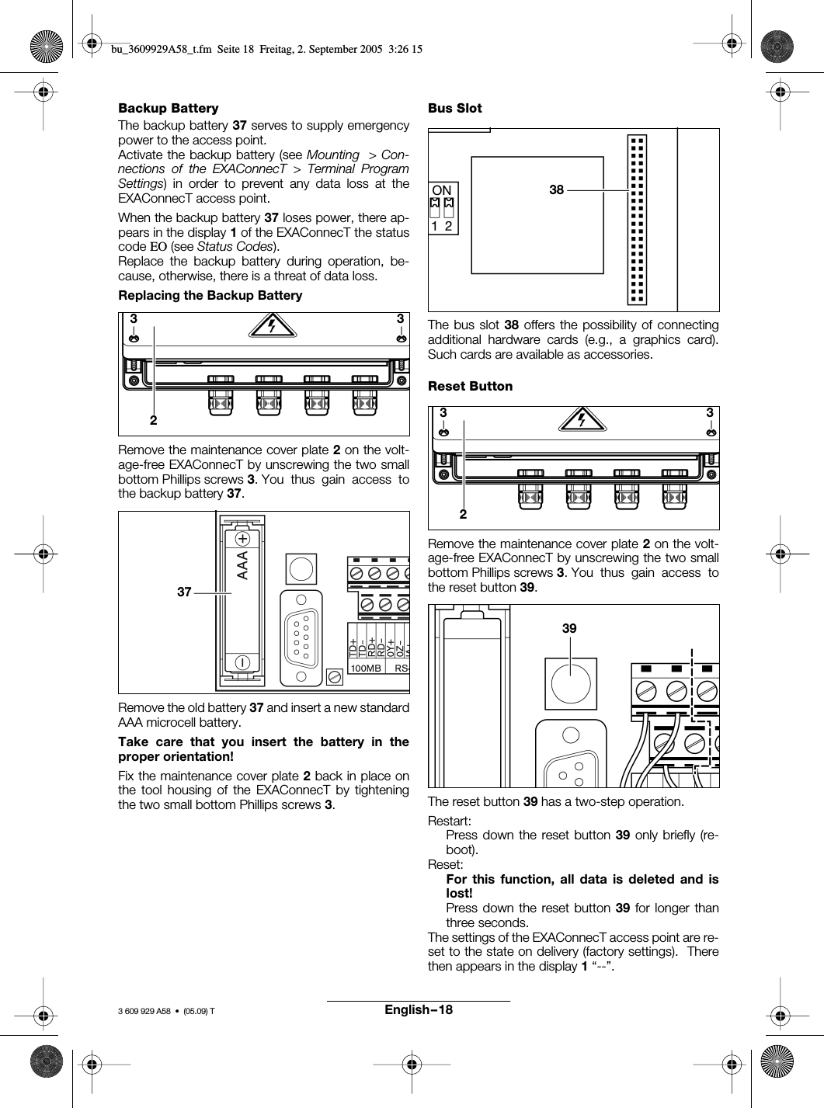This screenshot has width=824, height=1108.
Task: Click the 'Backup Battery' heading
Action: [168, 108]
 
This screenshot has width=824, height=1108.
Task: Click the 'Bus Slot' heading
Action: [455, 108]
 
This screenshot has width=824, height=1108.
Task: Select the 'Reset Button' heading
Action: [471, 386]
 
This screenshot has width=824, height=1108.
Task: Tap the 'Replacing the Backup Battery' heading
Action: [210, 295]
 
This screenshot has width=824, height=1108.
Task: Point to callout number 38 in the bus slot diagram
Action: [556, 189]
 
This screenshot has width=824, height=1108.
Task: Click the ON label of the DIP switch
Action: [442, 190]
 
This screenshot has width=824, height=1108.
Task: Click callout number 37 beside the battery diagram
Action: [183, 592]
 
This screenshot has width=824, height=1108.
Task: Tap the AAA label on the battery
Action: [243, 566]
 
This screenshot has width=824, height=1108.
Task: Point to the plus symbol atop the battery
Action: [243, 538]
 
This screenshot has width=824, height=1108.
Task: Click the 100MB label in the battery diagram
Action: [366, 668]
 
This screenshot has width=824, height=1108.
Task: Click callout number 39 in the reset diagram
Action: [569, 629]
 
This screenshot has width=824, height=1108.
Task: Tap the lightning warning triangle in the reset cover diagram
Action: [582, 420]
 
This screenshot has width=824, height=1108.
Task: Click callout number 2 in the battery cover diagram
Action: [153, 420]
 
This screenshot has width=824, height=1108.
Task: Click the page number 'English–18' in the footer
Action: [418, 1010]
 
